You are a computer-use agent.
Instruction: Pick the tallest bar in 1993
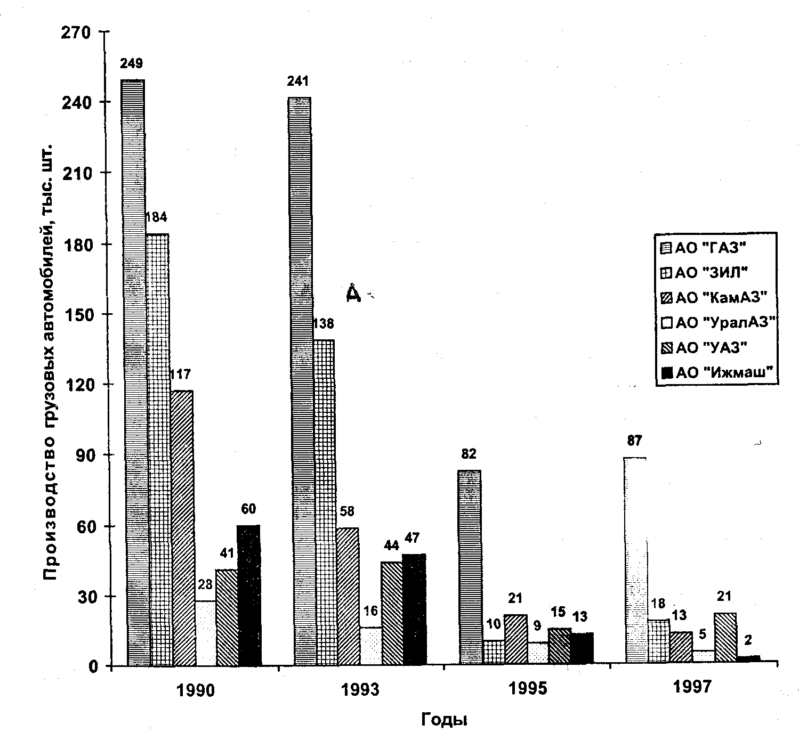coord(299,381)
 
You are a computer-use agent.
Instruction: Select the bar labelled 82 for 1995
coord(470,567)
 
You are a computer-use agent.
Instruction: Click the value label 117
coord(180,374)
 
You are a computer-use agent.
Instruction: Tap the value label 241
coord(298,82)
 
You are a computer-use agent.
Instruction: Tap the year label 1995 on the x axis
coord(528,689)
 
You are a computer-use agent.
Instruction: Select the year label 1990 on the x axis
coord(196,691)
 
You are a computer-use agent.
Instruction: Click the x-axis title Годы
coord(444,720)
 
